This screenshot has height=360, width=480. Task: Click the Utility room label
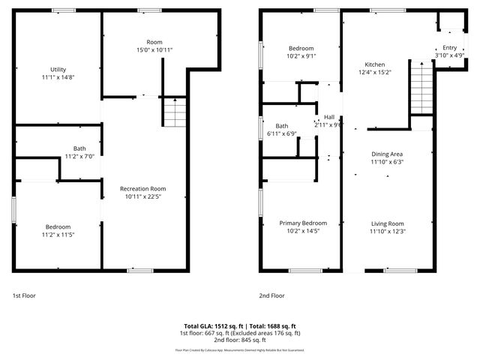click(x=58, y=69)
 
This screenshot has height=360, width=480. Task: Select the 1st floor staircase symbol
click(x=174, y=113)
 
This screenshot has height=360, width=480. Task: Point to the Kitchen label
click(x=375, y=64)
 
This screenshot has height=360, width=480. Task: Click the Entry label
click(x=449, y=47)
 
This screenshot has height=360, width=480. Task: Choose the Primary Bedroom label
click(x=303, y=223)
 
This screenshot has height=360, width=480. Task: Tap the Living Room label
click(x=386, y=223)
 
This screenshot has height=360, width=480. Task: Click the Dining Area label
click(x=387, y=154)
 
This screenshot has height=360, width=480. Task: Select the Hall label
click(x=328, y=117)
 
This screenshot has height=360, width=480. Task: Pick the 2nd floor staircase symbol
click(x=421, y=88)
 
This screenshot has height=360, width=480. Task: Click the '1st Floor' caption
click(x=25, y=295)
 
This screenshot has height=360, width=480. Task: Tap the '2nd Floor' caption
click(x=271, y=295)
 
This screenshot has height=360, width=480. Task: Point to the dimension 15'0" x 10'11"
click(x=154, y=50)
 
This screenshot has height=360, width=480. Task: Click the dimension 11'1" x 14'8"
click(x=58, y=77)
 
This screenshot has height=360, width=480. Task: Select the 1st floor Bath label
click(x=79, y=148)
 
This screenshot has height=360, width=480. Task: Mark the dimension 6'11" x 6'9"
click(x=281, y=134)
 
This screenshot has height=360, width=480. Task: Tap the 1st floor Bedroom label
click(x=58, y=226)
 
